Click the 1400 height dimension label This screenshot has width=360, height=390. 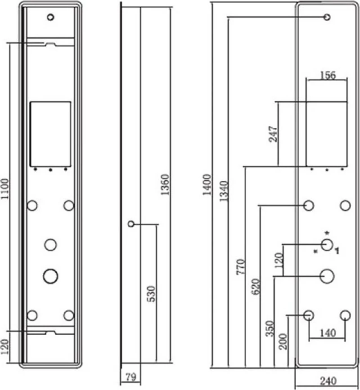pos(207,184)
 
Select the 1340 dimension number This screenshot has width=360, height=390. pos(224,191)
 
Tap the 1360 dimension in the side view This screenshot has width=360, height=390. pos(165,184)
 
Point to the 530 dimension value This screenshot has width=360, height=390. pos(151,294)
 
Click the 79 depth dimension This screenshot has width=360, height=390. pos(131,377)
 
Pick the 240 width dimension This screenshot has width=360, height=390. pos(328,381)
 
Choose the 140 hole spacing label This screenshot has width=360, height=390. pos(328,333)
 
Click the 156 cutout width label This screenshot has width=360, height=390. pos(328,75)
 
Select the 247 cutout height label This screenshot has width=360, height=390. pos(273,134)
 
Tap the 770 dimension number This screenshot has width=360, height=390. pos(240,267)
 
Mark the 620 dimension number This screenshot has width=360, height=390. pos(256,287)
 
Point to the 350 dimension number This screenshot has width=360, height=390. pos(270,328)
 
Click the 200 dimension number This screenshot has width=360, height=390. pos(283,341)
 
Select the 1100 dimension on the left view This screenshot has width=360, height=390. pos(5,189)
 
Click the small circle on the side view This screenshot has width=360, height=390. pos(131,224)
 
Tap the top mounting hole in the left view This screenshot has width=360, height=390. pos(50,17)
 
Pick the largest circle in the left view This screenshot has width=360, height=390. pos(50,276)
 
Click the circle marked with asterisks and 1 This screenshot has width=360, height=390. pos(327,245)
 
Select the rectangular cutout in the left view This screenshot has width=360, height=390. pos(50,134)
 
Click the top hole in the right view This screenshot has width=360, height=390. pos(327,17)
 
